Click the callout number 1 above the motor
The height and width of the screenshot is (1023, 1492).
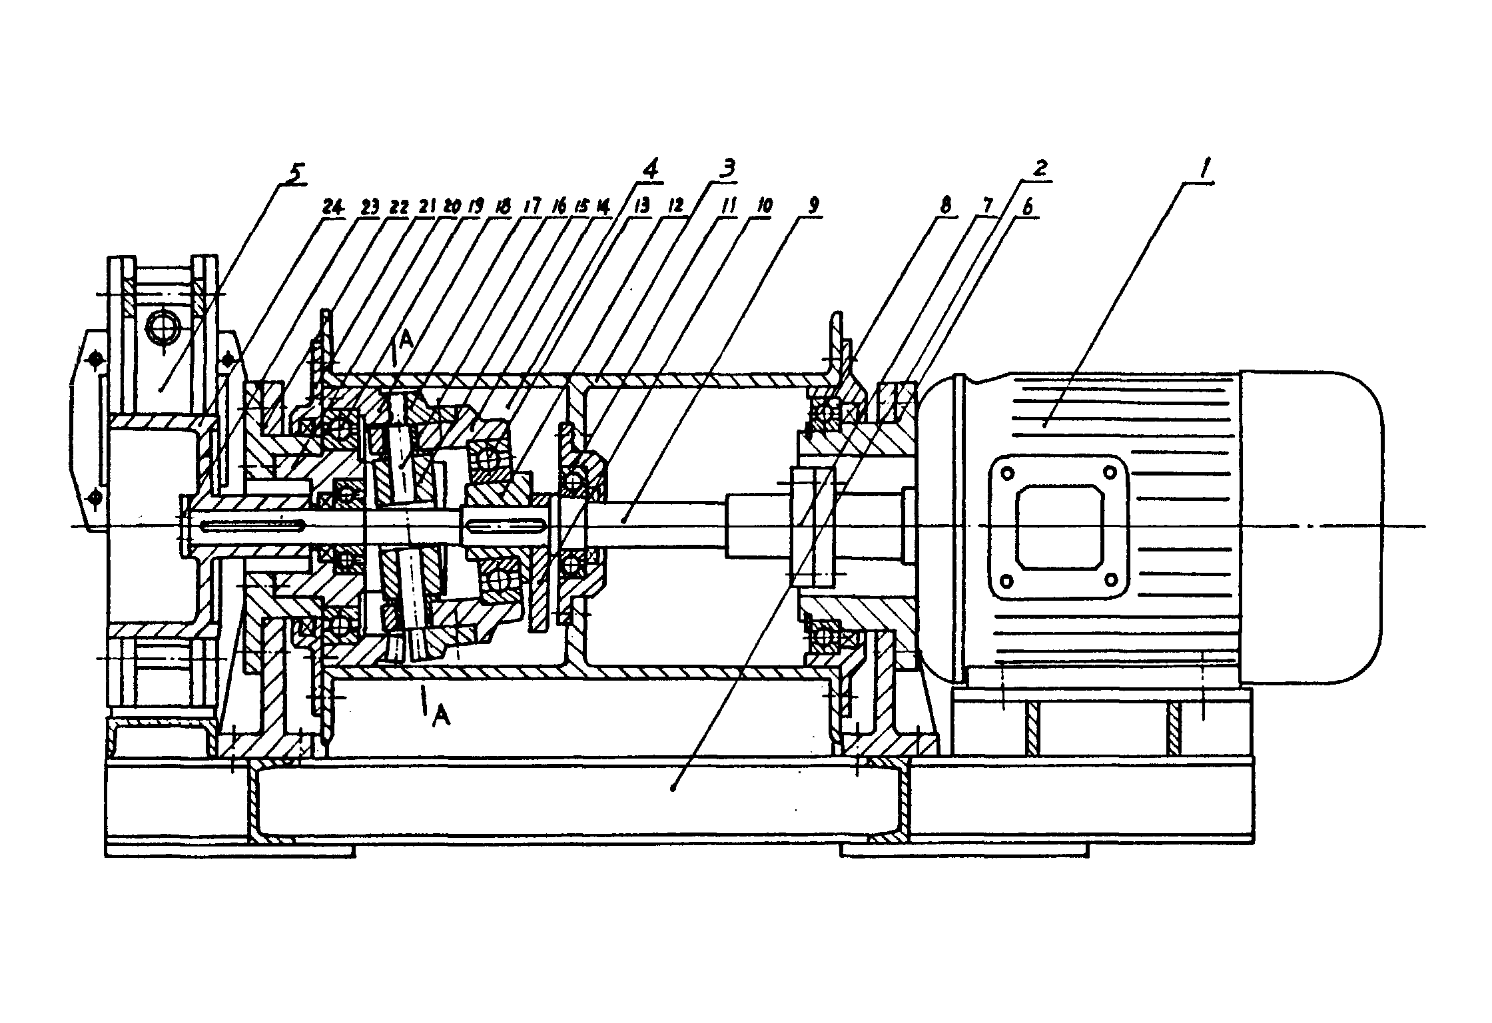coord(1204,169)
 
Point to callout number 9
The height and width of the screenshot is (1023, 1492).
coord(813,207)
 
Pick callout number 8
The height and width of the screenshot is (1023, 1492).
coord(946,206)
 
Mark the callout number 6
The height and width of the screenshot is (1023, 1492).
coord(1028,207)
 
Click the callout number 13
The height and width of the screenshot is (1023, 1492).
coord(642,207)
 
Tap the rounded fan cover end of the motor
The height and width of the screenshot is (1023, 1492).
coord(1311,526)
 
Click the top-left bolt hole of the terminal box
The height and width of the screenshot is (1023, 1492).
coord(1007,474)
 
